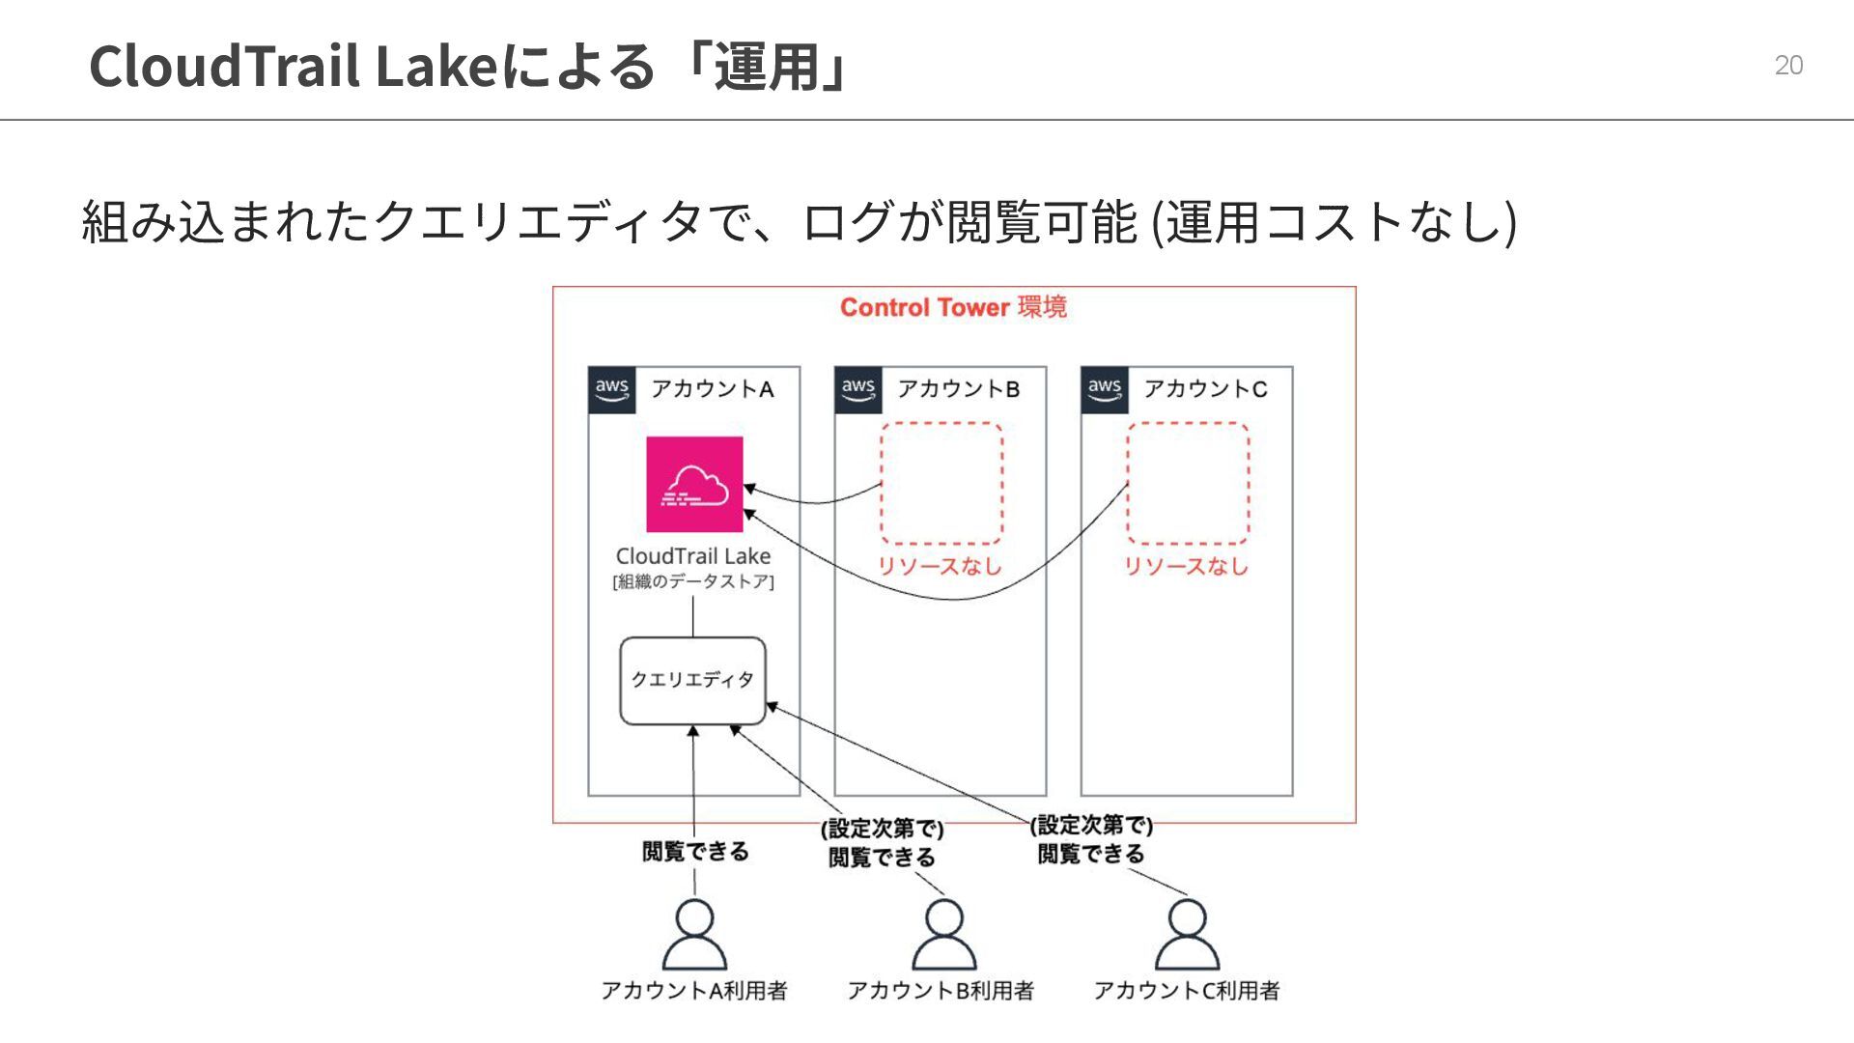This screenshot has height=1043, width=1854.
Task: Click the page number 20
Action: pos(1788,65)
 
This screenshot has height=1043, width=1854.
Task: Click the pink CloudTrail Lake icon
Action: pos(694,484)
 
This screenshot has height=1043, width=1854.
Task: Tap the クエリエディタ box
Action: pos(692,680)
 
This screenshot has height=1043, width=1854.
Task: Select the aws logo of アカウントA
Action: pos(612,389)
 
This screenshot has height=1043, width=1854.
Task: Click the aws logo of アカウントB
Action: pos(858,389)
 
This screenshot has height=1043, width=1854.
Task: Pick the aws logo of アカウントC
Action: pos(1105,389)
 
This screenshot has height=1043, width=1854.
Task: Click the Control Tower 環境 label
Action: pos(953,307)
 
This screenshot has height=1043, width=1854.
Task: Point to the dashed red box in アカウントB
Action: pos(941,483)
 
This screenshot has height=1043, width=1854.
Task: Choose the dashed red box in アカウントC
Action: pos(1188,483)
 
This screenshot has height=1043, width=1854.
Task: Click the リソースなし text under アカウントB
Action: pos(940,566)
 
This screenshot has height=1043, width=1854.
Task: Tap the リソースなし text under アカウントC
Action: pos(1186,566)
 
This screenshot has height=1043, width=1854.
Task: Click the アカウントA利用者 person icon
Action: pos(694,935)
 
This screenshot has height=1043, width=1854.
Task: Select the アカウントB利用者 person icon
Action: pos(943,935)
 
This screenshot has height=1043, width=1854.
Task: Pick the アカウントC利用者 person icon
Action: pos(1188,935)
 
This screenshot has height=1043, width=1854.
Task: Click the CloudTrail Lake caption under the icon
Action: pos(693,556)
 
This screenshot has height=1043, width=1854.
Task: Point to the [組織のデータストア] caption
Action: pos(693,581)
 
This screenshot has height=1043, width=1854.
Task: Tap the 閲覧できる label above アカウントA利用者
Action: pos(695,851)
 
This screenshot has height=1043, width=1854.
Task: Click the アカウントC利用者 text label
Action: pos(1186,991)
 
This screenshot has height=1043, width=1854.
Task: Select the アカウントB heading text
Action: pos(958,389)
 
